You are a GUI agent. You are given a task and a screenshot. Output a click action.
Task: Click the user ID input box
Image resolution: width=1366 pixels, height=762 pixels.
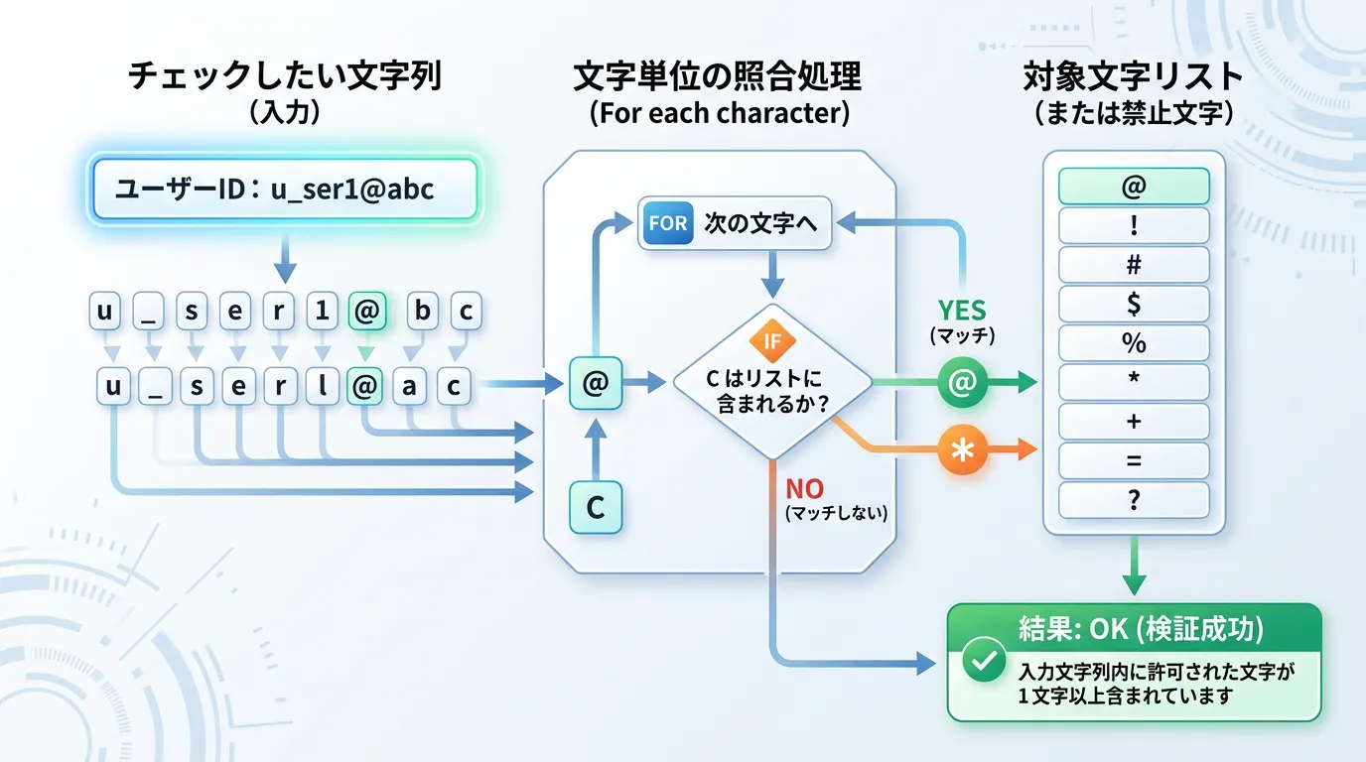[x=284, y=188]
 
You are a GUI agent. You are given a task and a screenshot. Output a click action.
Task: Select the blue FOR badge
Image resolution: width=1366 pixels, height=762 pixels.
[x=667, y=223]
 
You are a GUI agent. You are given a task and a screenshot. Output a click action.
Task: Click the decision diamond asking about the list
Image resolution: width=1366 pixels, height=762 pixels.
[x=772, y=382]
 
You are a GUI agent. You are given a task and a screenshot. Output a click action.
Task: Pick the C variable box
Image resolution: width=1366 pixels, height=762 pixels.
[x=595, y=507]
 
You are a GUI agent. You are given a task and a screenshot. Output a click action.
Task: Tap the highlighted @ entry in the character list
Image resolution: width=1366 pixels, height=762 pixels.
[x=1134, y=187]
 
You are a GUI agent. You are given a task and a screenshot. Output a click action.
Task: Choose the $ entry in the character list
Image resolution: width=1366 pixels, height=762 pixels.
[x=1134, y=304]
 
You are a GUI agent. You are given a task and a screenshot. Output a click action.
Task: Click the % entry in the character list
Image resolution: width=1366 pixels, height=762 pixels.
[x=1134, y=343]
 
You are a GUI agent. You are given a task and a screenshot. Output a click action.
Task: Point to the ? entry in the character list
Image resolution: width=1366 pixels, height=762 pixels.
[x=1134, y=500]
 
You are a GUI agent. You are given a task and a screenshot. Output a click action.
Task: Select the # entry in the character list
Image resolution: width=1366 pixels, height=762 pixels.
[x=1134, y=265]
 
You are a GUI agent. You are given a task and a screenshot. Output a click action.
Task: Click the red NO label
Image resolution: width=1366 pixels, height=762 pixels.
[x=805, y=488]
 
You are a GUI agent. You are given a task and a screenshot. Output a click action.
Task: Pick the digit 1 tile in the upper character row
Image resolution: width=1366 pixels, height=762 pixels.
[x=321, y=312]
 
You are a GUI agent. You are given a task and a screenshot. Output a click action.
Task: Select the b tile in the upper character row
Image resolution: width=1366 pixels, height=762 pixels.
[x=423, y=312]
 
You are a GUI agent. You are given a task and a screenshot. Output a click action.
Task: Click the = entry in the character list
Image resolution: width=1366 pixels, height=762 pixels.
[x=1134, y=460]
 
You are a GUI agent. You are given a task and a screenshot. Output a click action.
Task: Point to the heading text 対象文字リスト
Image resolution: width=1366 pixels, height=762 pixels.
[x=1133, y=77]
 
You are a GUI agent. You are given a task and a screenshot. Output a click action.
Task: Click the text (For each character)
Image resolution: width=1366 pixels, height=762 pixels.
[x=720, y=112]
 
